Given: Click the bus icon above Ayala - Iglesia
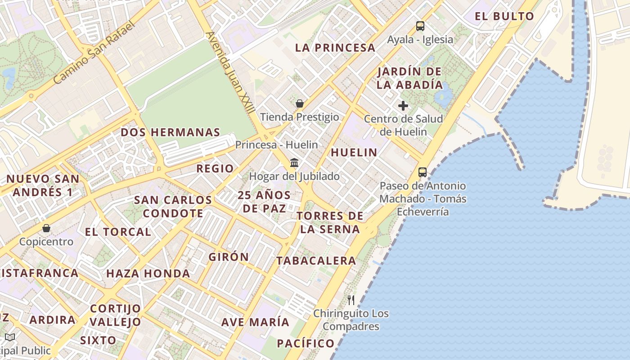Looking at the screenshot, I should click(420, 26).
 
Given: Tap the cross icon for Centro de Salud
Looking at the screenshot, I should click(403, 106).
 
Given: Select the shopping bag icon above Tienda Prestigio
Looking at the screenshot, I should click(300, 103).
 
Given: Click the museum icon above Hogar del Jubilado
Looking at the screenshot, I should click(294, 162).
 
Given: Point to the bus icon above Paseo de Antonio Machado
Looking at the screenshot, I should click(422, 172).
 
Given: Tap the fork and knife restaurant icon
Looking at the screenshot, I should click(351, 300).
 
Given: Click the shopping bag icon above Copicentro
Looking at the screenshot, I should click(46, 228).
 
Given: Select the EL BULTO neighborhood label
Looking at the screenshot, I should click(504, 17).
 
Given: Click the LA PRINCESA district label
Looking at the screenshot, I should click(335, 48).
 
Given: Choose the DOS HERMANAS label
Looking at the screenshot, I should click(170, 132).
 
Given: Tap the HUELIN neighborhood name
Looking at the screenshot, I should click(354, 153).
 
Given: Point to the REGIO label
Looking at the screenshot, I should click(215, 169).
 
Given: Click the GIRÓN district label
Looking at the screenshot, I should click(229, 257).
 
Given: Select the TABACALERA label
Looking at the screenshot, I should click(316, 261).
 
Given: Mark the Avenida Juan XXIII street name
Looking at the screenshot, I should click(230, 72).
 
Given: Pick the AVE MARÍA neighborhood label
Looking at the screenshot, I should click(255, 322).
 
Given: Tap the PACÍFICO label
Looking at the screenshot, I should click(306, 343).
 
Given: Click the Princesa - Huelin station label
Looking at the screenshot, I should click(276, 145).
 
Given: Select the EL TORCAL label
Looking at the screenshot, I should click(118, 232).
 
